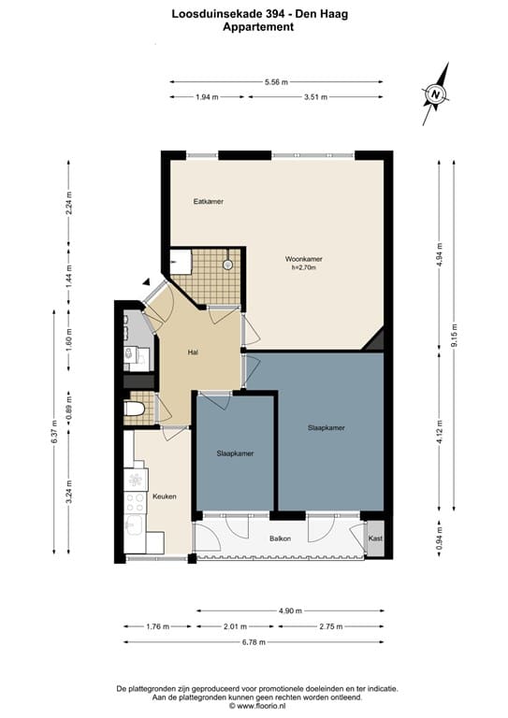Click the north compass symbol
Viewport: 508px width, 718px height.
(x=435, y=94)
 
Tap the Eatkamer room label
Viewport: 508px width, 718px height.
(x=209, y=202)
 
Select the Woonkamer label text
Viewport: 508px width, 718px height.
(x=304, y=259)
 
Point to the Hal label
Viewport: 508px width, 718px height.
(x=193, y=352)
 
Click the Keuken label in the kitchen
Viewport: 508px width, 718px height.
(x=165, y=496)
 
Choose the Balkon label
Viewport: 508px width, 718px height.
(x=280, y=538)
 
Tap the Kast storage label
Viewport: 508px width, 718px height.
(x=375, y=538)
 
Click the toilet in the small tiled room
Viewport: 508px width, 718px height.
(x=134, y=409)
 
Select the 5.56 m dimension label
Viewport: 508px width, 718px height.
(x=276, y=82)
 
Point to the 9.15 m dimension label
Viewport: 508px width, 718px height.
(x=454, y=336)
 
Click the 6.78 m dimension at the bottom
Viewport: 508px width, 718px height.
(x=254, y=642)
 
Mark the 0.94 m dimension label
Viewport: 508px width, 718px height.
(x=440, y=538)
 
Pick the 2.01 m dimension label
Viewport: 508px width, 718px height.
(x=236, y=626)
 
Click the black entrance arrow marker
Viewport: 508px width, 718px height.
(x=147, y=282)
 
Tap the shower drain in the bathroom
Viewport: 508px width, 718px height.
(x=227, y=265)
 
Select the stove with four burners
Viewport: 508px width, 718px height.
(x=135, y=503)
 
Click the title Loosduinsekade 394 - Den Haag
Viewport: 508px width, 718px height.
(x=260, y=14)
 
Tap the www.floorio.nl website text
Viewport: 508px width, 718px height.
(x=261, y=706)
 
